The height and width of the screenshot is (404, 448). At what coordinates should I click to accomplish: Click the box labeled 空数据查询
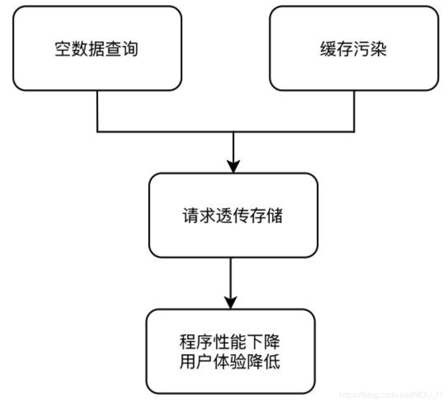[97, 48]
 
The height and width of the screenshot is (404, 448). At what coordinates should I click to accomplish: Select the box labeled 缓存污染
[354, 48]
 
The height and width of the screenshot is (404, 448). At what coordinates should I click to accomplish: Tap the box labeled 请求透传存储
[233, 215]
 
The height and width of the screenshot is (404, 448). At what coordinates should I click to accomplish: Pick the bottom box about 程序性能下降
[231, 351]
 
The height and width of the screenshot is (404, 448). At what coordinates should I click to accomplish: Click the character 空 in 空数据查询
[62, 49]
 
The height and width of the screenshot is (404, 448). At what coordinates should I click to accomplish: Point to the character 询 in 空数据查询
[131, 49]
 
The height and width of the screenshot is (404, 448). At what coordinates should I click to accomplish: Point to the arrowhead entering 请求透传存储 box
[233, 166]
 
